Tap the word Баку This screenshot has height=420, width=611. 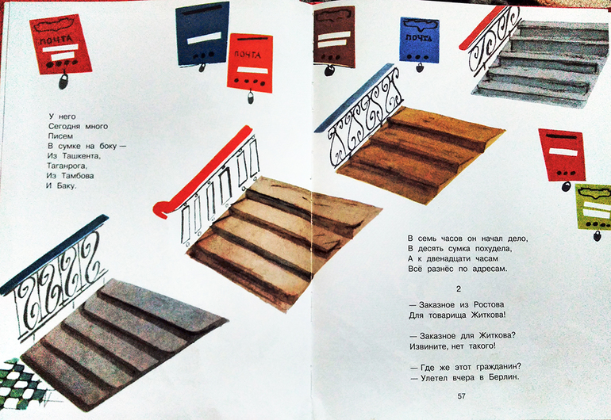click(x=67, y=185)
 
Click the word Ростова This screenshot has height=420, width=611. click(x=489, y=305)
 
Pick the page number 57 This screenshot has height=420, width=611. click(x=461, y=396)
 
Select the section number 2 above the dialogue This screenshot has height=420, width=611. click(x=459, y=288)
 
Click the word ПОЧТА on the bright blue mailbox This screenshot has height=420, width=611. click(x=419, y=38)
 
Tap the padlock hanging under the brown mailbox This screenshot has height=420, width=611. click(x=329, y=70)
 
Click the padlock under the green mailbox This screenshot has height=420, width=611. click(x=597, y=235)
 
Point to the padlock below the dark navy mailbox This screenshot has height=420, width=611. click(x=202, y=67)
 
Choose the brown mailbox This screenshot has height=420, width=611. click(x=333, y=35)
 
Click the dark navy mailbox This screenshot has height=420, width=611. click(x=202, y=34)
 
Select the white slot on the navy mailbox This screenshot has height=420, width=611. click(x=204, y=38)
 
